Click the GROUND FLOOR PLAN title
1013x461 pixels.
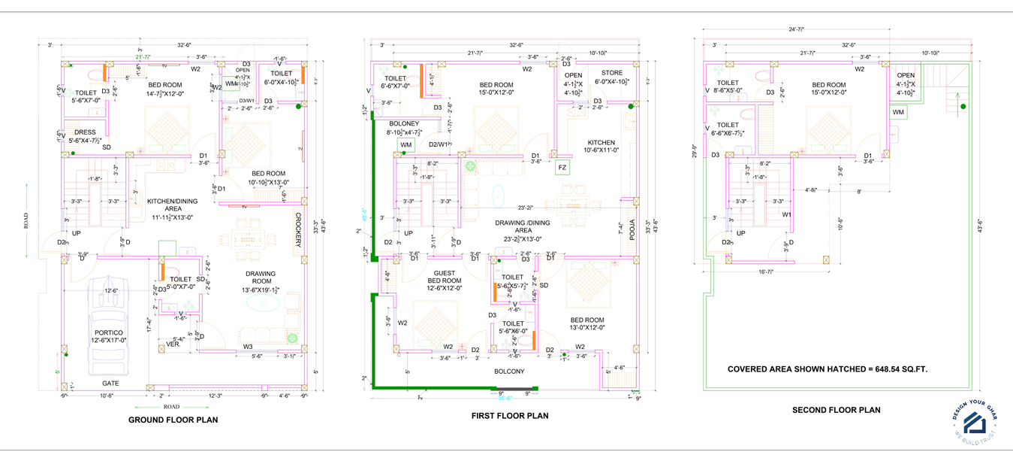[173, 420]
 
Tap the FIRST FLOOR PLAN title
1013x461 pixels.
[509, 415]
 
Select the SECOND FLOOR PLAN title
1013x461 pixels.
[836, 410]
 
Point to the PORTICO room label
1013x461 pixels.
[109, 332]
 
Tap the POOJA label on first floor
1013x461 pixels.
[632, 229]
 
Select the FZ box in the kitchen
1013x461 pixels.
[562, 168]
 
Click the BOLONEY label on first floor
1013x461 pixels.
[403, 123]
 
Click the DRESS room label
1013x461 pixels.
[85, 132]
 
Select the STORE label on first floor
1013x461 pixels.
[611, 73]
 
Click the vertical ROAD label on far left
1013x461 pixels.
[26, 220]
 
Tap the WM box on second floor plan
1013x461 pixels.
[898, 112]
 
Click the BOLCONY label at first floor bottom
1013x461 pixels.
[509, 371]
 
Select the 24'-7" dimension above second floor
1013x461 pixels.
[796, 29]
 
